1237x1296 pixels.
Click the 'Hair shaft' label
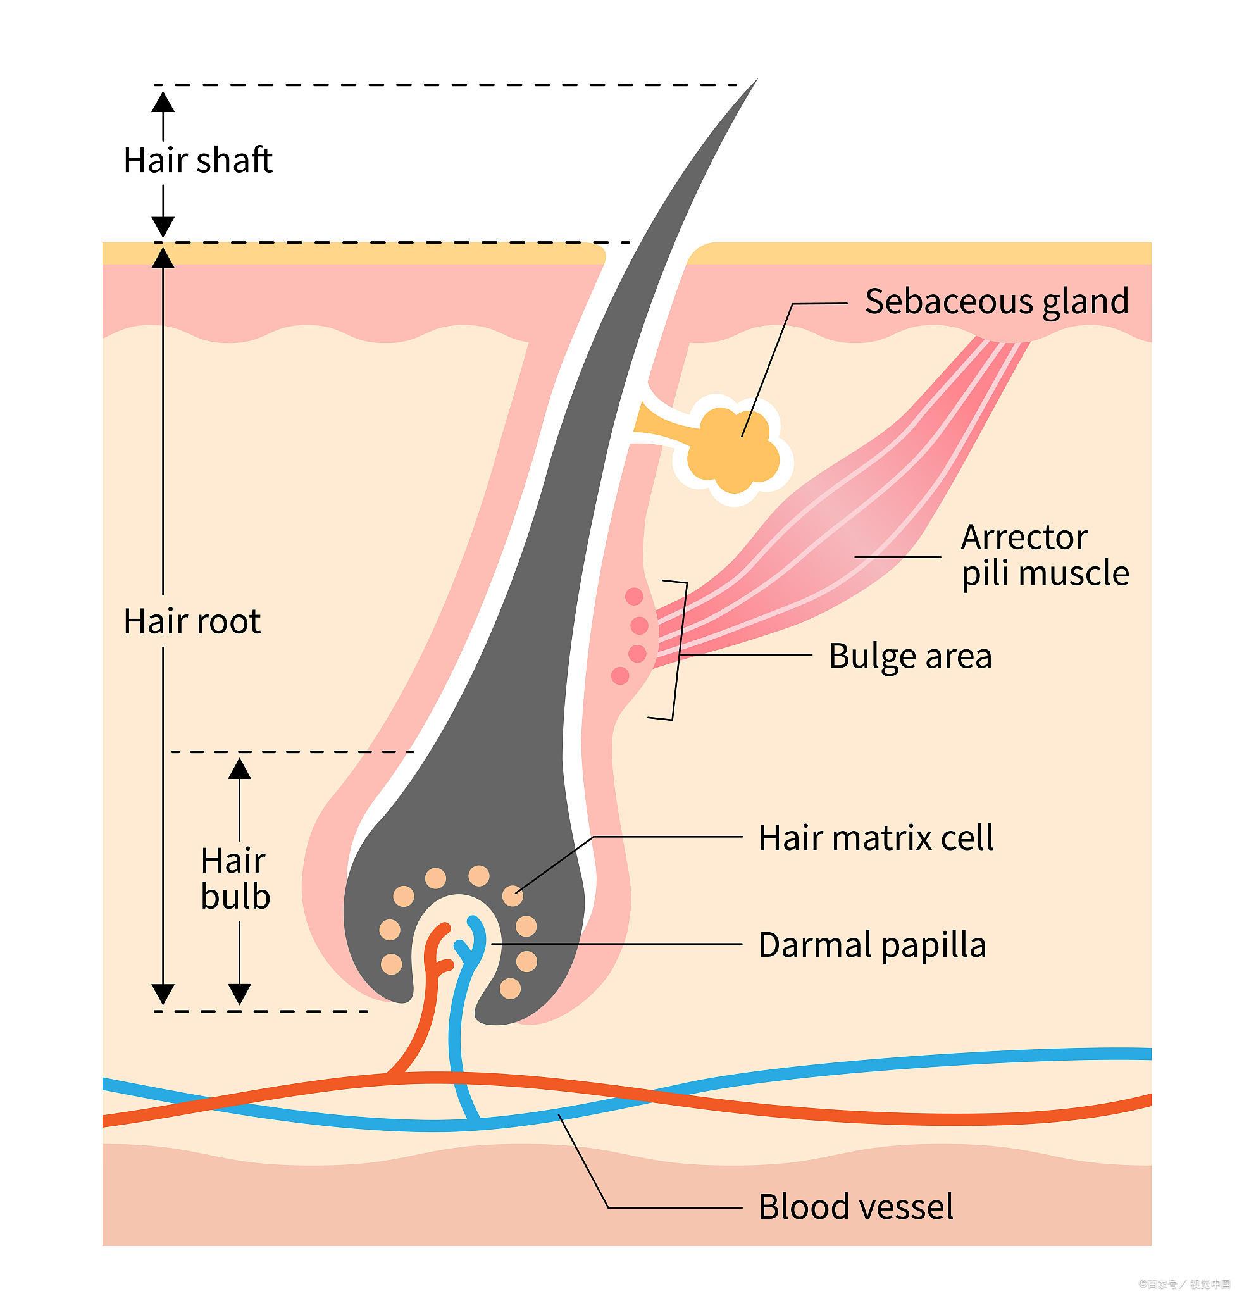pos(198,160)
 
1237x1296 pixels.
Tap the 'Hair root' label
pos(192,621)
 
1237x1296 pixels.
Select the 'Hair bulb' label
pos(235,878)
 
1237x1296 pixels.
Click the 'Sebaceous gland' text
pos(997,301)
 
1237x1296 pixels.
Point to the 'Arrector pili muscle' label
pos(1045,555)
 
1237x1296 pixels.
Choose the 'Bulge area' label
pos(910,656)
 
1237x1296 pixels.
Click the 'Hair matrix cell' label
pos(876,838)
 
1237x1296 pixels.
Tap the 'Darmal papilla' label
pos(872,944)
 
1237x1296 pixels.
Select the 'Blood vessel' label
pos(856,1206)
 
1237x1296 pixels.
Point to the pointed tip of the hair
pos(755,81)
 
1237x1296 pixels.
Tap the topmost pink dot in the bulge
pos(633,596)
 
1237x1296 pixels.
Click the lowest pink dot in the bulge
pos(620,675)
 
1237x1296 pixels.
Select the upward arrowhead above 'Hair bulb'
pos(239,769)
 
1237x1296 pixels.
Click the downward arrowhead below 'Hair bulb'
pos(239,994)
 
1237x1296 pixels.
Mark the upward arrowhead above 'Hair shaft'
pos(163,103)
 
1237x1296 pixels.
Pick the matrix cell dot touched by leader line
pos(513,895)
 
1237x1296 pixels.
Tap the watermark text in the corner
pos(1184,1284)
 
